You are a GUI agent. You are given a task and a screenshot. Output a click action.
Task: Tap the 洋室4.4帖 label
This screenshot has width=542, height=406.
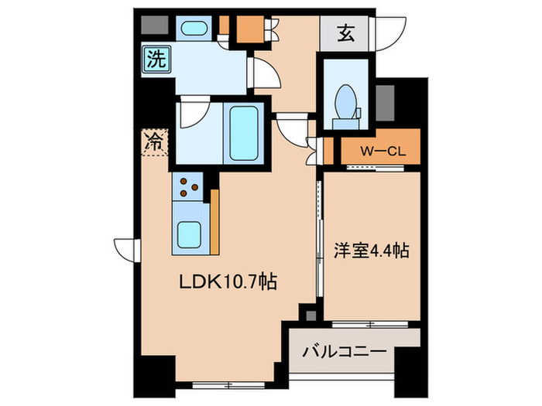pyautogui.click(x=372, y=251)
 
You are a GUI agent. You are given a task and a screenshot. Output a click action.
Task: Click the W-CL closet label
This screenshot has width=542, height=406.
pyautogui.click(x=380, y=151)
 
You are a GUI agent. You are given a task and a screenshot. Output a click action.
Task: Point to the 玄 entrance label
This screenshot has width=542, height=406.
pyautogui.click(x=345, y=33)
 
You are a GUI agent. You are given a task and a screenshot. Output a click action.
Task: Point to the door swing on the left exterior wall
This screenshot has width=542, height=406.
pyautogui.click(x=123, y=247)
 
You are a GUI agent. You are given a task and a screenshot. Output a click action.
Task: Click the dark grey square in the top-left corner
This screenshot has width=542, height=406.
pyautogui.click(x=149, y=23)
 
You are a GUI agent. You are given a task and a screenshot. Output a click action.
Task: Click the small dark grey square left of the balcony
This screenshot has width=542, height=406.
pyautogui.click(x=310, y=315)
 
